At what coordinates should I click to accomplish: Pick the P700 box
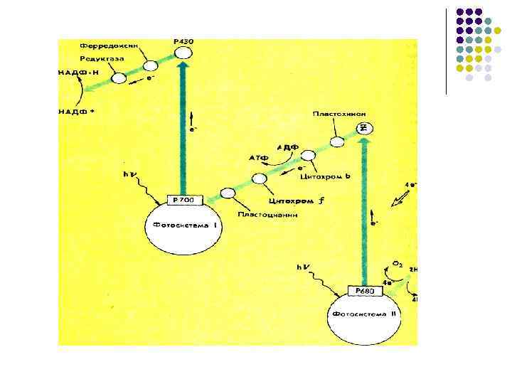point(183,200)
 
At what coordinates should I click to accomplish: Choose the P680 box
point(364,290)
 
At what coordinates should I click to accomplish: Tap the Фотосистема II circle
point(364,317)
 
